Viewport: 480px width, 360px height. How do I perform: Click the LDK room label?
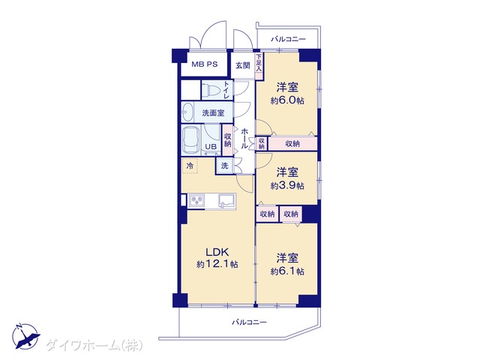tap(217, 252)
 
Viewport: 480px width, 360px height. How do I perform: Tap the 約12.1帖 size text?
tap(217, 264)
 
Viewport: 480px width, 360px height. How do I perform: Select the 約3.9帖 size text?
tap(287, 185)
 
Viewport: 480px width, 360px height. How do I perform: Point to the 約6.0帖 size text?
tap(287, 100)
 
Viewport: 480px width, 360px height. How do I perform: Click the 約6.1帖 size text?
tap(287, 271)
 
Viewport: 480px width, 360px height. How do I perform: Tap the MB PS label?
tap(205, 64)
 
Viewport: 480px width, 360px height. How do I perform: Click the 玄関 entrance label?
tap(243, 65)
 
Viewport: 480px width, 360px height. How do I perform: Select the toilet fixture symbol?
tap(212, 90)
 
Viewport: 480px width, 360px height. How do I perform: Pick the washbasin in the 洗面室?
tap(187, 112)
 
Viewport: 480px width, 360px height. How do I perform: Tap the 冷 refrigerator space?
tap(190, 166)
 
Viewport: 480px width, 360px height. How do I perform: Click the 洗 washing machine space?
tap(225, 166)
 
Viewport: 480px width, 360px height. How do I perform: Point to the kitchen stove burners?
tap(197, 200)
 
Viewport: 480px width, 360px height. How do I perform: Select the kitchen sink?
tap(226, 201)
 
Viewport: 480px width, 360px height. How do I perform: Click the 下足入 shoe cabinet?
tap(259, 62)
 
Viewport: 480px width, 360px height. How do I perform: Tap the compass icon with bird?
tap(26, 336)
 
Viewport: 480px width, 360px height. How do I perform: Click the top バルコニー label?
tap(288, 39)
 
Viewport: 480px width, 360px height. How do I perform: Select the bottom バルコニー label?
tap(249, 322)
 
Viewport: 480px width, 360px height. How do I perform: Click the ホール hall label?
tap(244, 138)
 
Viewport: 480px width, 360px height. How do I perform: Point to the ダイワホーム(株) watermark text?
tap(94, 345)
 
